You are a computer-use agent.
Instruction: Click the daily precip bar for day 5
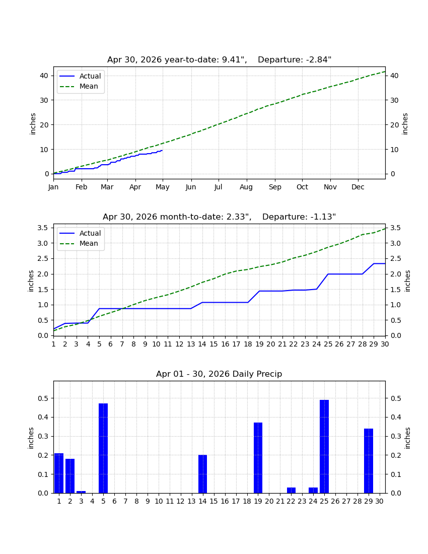pos(103,448)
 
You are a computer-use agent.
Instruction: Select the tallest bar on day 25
pos(324,446)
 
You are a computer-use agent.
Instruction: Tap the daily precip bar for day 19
pos(258,457)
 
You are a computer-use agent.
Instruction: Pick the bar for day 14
pos(203,474)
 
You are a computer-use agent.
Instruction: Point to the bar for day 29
pos(368,461)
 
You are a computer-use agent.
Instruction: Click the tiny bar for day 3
pos(81,492)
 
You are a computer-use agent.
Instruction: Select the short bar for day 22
pos(291,490)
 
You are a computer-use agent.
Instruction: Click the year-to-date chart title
pos(220,60)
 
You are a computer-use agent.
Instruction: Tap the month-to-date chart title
pos(220,217)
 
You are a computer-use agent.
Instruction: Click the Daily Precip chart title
pos(219,374)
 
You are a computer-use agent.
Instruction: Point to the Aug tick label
pos(246,187)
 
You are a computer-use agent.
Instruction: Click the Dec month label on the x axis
pos(358,187)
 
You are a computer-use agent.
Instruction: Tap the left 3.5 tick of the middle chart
pos(43,228)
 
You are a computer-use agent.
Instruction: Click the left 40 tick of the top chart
pos(44,76)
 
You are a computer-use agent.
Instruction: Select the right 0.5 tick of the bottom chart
pos(395,398)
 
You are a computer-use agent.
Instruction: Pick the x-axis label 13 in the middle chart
pos(191,344)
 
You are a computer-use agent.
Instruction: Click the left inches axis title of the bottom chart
pos(31,438)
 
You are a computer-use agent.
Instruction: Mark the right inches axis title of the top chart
pos(405,124)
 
